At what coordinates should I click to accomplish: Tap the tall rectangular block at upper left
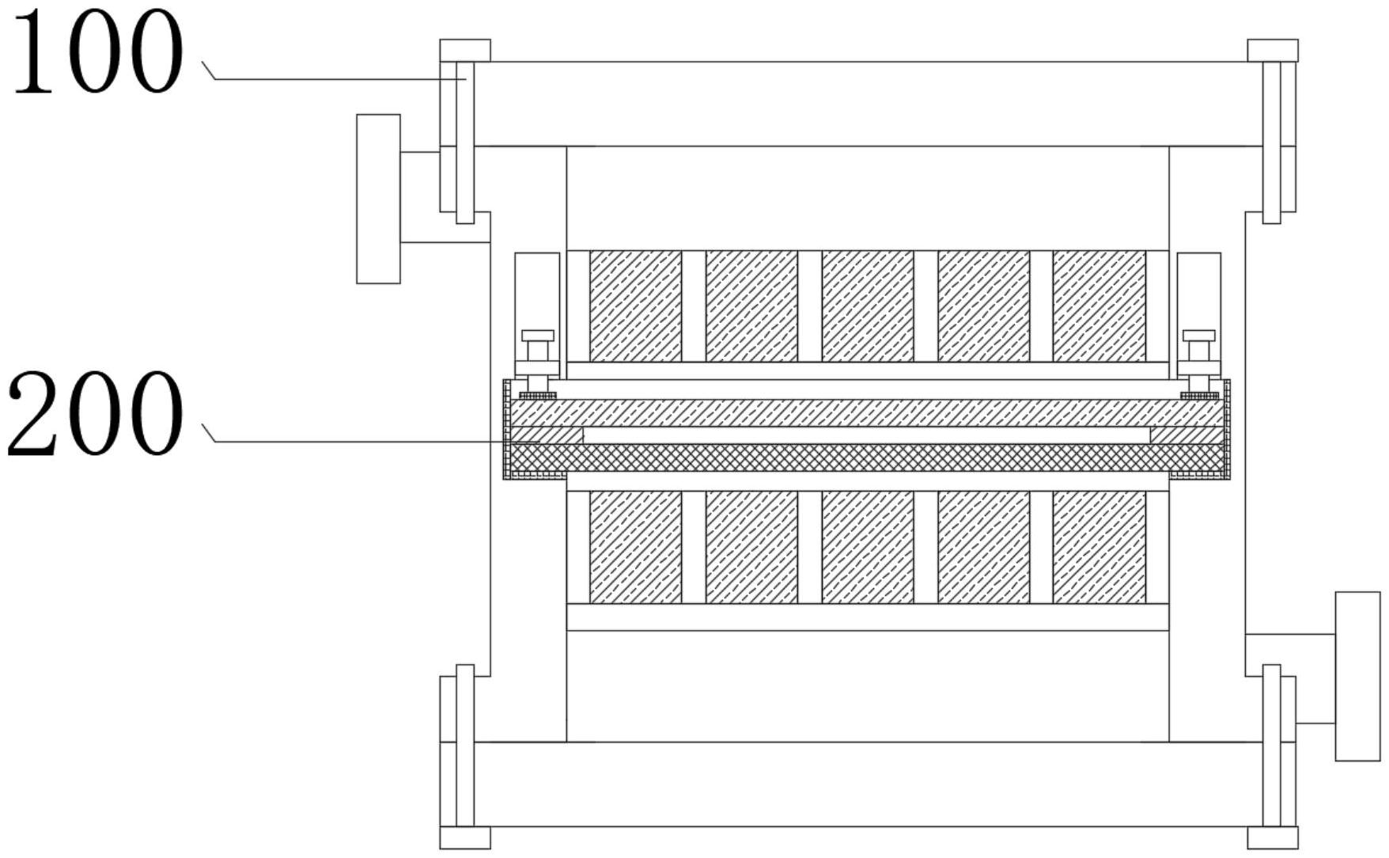pyautogui.click(x=378, y=199)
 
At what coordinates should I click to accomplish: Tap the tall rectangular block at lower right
pyautogui.click(x=1357, y=676)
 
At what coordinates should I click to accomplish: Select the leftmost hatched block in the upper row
pyautogui.click(x=635, y=306)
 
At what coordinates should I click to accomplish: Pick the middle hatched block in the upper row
pyautogui.click(x=868, y=306)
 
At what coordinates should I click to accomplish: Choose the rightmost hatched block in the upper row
pyautogui.click(x=1099, y=306)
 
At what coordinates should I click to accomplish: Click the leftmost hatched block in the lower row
pyautogui.click(x=635, y=547)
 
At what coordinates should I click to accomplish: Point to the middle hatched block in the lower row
pyautogui.click(x=868, y=547)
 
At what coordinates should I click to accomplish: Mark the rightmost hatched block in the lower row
pyautogui.click(x=1099, y=547)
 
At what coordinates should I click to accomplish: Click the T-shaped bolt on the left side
pyautogui.click(x=538, y=360)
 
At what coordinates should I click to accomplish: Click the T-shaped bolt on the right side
pyautogui.click(x=1198, y=360)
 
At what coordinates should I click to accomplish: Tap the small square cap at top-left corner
pyautogui.click(x=465, y=51)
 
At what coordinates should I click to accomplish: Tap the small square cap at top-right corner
pyautogui.click(x=1273, y=51)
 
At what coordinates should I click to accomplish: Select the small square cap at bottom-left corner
pyautogui.click(x=465, y=837)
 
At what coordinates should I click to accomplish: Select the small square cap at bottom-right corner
pyautogui.click(x=1273, y=837)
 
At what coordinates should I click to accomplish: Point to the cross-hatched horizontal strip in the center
pyautogui.click(x=868, y=457)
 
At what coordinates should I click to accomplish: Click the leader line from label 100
pyautogui.click(x=332, y=79)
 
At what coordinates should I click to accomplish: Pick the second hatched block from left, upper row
pyautogui.click(x=751, y=306)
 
